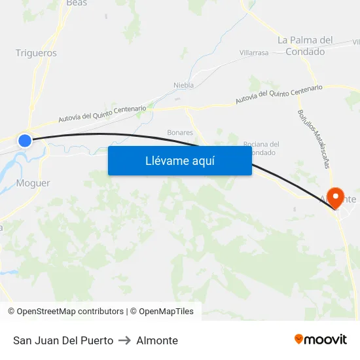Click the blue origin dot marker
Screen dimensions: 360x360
(25, 140)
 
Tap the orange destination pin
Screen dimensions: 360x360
(337, 196)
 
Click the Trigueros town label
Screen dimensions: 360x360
(36, 53)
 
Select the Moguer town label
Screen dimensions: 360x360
(33, 183)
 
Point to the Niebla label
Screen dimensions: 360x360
(183, 85)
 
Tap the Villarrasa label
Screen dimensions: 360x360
(254, 53)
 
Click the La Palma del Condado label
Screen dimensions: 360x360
(305, 46)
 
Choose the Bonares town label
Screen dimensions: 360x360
(180, 132)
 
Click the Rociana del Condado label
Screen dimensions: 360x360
(261, 148)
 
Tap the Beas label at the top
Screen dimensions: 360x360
(77, 3)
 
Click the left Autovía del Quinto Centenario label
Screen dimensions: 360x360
(102, 114)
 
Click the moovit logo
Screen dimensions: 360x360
(320, 339)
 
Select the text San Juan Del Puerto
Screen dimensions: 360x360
(63, 340)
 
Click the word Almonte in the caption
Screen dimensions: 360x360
(157, 340)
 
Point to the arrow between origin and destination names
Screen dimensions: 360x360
(124, 340)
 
